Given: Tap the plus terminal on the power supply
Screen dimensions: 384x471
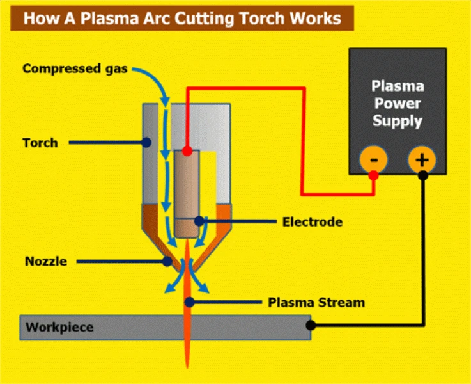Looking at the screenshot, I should point(422,159).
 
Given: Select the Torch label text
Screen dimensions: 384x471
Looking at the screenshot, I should point(40,142).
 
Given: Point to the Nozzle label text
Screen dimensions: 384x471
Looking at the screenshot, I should point(45,260).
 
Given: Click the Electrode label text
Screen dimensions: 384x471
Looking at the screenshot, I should point(313,222).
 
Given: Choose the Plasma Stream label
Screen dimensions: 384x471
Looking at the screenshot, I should point(316,302).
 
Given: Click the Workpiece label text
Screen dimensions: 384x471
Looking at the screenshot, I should point(59,328).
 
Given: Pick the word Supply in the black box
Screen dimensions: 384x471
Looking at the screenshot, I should point(398,120).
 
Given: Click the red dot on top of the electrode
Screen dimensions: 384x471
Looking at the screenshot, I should point(187,151).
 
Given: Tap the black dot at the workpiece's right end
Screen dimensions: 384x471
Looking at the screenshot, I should point(311,325).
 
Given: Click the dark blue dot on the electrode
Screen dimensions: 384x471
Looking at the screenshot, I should point(199,221).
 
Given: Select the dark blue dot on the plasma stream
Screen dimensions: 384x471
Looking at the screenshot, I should point(189,301).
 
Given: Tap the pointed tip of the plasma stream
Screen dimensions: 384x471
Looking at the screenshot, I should point(188,367).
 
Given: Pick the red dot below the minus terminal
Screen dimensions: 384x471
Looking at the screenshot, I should point(373,174).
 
